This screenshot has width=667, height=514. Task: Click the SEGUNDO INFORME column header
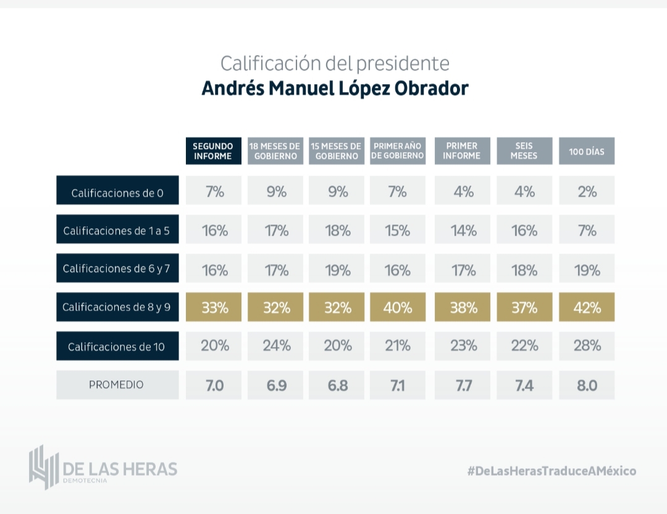point(213,151)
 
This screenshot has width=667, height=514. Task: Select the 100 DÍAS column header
point(587,151)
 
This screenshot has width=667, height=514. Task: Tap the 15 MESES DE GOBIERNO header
point(337,151)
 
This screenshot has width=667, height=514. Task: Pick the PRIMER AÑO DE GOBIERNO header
point(398,151)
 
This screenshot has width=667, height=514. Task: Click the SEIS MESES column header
point(524,151)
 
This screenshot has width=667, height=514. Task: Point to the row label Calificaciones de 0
point(117,192)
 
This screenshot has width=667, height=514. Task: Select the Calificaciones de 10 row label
point(117,346)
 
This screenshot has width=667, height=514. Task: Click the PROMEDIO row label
point(117,385)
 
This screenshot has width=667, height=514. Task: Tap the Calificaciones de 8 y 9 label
point(117,307)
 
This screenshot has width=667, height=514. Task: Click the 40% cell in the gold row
point(398,307)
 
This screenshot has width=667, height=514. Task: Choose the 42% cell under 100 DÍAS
point(587,307)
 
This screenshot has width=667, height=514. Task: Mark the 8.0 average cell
point(587,385)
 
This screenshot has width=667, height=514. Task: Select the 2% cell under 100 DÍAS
point(587,192)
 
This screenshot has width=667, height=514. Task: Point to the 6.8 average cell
point(337,385)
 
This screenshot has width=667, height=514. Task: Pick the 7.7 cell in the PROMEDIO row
point(463,385)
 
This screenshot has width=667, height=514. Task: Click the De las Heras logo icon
point(43,467)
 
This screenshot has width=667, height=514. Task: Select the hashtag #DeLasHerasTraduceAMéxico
point(552,471)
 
